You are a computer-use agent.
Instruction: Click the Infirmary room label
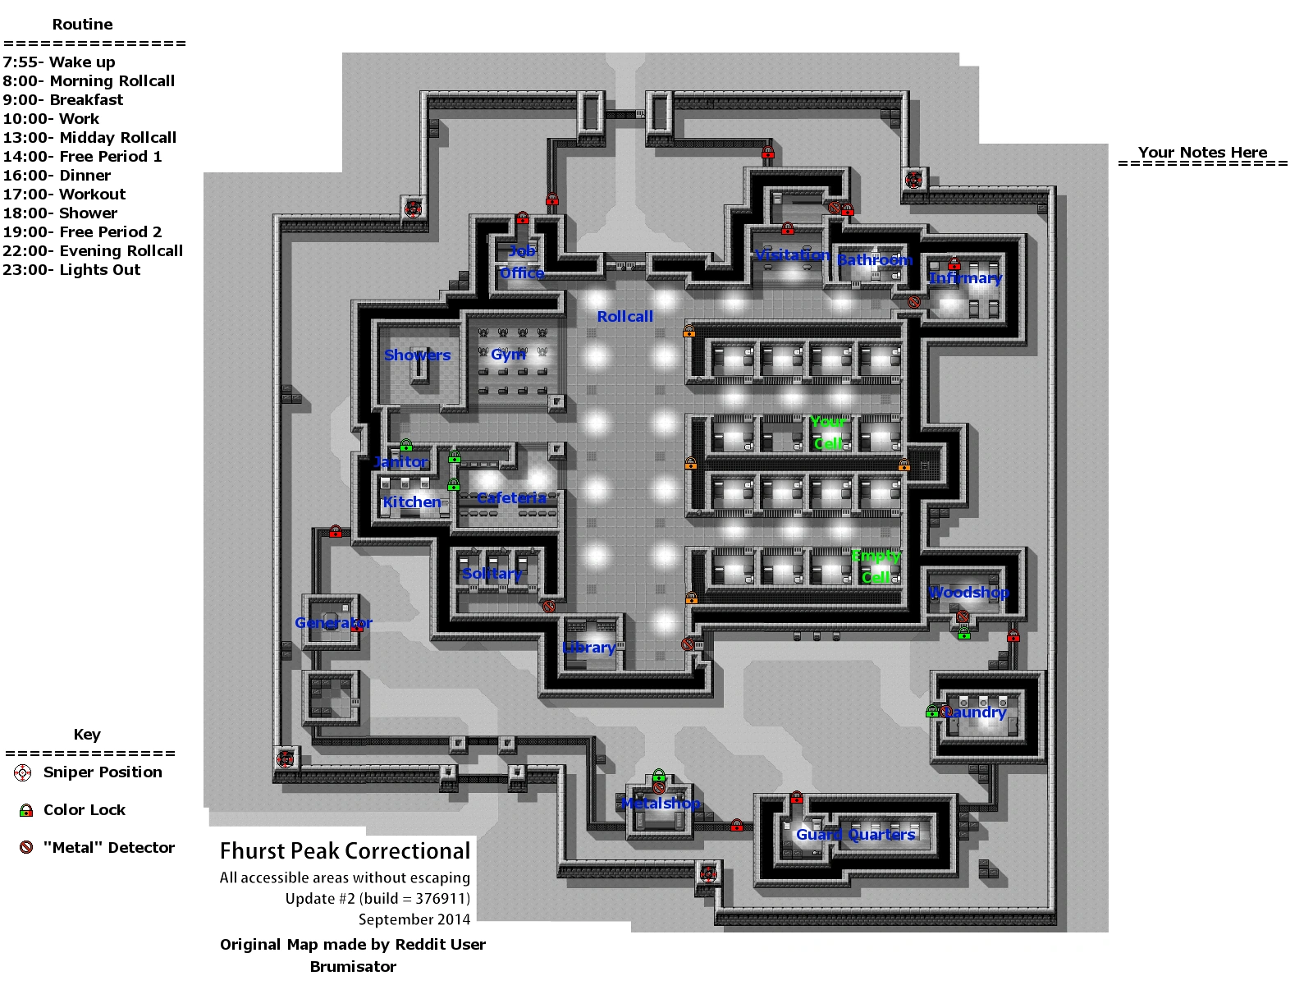(x=965, y=278)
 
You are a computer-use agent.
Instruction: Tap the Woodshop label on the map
(x=968, y=593)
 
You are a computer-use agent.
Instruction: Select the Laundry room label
(x=974, y=712)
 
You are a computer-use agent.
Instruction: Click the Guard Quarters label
(x=855, y=835)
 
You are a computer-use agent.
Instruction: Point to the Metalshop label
(x=661, y=804)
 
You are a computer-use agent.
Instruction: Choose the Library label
(x=589, y=648)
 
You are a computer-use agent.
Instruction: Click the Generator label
(x=333, y=623)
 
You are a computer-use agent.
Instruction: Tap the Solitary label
(x=492, y=574)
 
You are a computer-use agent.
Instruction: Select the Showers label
(x=417, y=355)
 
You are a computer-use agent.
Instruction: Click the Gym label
(x=508, y=355)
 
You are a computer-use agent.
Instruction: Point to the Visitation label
(x=793, y=255)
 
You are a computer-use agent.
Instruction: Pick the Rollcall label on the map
(x=625, y=317)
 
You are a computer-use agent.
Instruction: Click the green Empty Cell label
(x=876, y=566)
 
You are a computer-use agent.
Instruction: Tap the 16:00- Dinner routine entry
(x=57, y=176)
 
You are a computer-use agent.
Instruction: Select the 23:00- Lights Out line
(x=71, y=270)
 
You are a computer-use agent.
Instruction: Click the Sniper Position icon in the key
(x=23, y=772)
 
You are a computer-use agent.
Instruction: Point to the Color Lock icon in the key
(x=26, y=810)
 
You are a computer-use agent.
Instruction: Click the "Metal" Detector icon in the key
(x=26, y=848)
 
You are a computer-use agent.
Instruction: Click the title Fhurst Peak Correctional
(x=345, y=851)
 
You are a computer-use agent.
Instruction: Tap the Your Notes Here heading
(x=1202, y=153)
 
